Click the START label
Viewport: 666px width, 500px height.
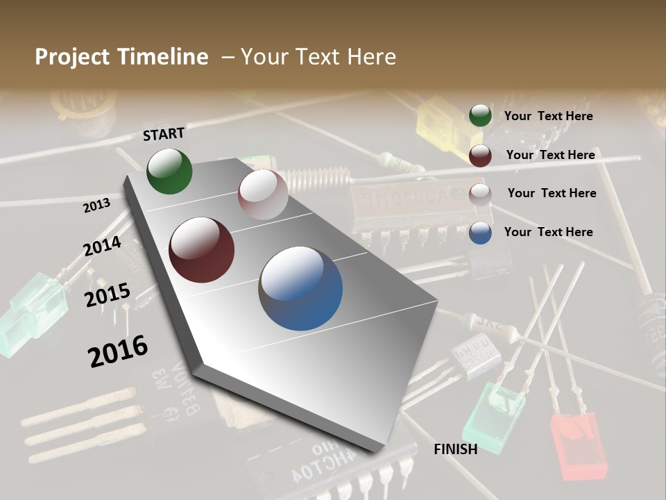coord(164,134)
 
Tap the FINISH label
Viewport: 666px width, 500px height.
coord(455,449)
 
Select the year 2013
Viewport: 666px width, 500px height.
coord(96,205)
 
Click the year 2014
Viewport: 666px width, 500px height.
coord(102,247)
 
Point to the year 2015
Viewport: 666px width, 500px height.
coord(107,294)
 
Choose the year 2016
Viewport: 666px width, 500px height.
coord(118,351)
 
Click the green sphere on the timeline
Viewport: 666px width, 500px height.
coord(169,171)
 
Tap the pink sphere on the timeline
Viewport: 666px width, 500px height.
coord(263,194)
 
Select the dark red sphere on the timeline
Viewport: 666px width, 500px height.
coord(202,250)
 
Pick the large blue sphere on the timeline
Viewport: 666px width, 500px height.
coord(300,288)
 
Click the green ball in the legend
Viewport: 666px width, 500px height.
coord(480,116)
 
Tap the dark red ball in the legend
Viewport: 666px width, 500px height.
coord(480,156)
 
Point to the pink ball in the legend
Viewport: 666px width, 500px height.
coord(480,194)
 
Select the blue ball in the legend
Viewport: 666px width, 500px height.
coord(480,233)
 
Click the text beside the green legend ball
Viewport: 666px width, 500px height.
coord(548,116)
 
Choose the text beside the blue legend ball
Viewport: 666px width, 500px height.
coord(548,232)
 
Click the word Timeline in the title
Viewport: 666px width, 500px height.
coord(165,57)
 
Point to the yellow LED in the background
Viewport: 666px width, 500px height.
coord(440,118)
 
